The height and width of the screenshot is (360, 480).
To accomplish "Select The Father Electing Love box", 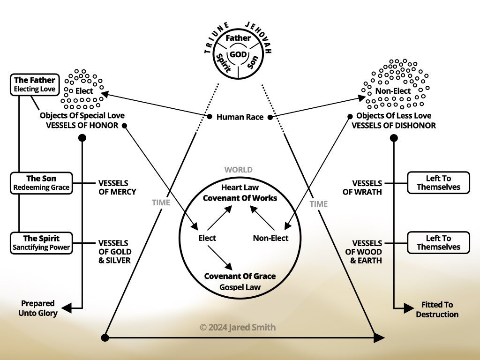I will click(x=34, y=84).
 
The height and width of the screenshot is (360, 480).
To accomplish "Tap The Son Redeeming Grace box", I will click(x=41, y=183).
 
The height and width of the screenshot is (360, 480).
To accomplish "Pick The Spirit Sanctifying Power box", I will click(x=41, y=242).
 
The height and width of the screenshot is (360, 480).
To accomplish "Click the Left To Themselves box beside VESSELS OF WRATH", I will click(x=438, y=182).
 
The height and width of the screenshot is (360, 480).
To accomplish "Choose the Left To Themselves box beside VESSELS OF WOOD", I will click(x=438, y=242).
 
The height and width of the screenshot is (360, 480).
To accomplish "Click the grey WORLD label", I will click(x=238, y=170).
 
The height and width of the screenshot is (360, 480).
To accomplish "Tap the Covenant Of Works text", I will click(x=240, y=198).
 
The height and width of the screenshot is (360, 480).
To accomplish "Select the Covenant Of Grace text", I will click(x=240, y=276).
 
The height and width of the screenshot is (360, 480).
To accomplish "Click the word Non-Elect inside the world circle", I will click(x=270, y=238).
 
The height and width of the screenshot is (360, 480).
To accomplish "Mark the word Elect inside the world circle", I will click(x=207, y=238).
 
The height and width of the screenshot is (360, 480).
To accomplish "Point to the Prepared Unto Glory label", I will click(x=38, y=308).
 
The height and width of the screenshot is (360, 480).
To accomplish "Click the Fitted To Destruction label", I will click(x=437, y=309).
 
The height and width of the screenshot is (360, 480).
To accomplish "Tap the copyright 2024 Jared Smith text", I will click(x=238, y=327).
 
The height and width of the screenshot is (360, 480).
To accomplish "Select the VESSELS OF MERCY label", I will click(x=117, y=187).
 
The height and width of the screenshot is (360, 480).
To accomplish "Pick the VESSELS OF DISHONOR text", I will click(x=394, y=126).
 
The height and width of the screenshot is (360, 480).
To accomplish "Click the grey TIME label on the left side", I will click(x=161, y=202).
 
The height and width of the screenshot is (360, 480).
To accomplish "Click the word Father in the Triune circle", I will click(x=239, y=38).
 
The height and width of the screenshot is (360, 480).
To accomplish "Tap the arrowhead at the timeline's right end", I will click(x=379, y=337).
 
